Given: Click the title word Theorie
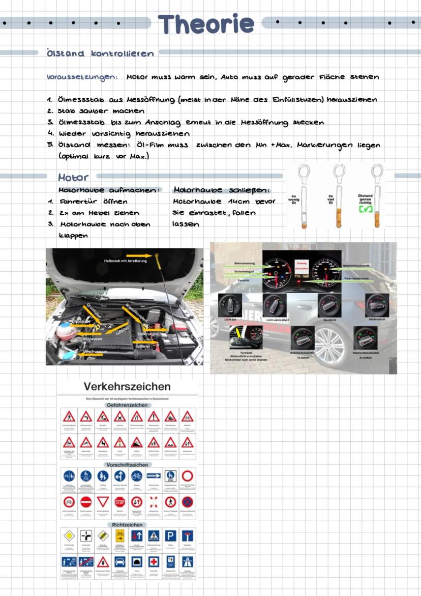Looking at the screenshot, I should pos(205,24).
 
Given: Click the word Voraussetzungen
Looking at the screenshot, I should pos(82,77).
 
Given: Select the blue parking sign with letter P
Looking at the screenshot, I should pos(170,535).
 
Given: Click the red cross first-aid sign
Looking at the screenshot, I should pos(154,561).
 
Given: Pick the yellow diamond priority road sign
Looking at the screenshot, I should pos(69,535).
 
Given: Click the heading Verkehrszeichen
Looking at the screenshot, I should pos(127,386).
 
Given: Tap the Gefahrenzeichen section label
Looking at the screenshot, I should pos(127,405).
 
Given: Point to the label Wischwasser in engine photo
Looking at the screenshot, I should pos(95,352).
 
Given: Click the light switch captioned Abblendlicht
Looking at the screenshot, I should pos(378,305).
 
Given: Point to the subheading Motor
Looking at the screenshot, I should pos(73,178).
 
